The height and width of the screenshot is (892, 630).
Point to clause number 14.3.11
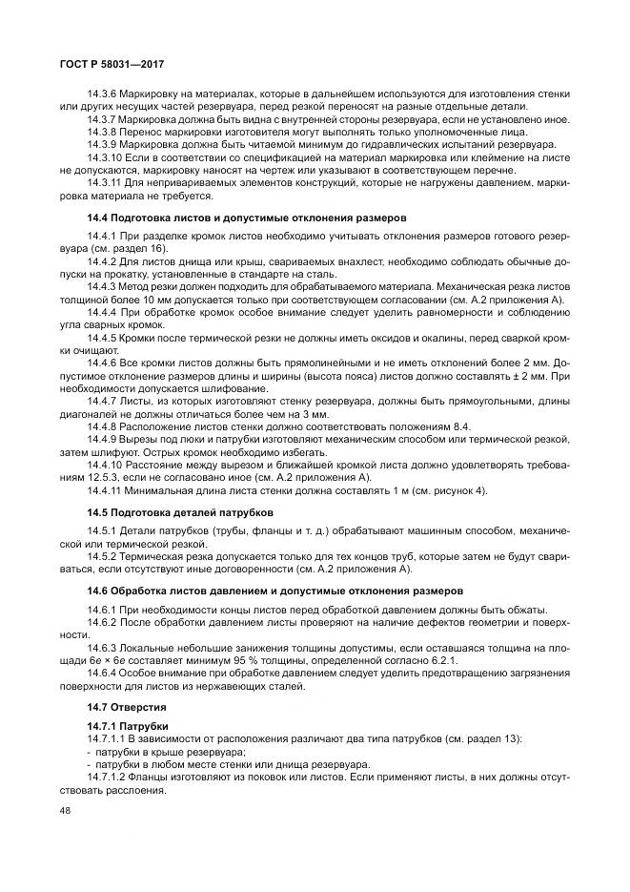(x=104, y=182)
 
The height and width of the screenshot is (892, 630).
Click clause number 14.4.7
(x=101, y=401)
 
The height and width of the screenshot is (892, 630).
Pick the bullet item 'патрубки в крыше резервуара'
(x=167, y=752)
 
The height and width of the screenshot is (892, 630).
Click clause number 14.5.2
(x=101, y=555)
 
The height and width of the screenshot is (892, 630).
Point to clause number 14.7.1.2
(x=107, y=778)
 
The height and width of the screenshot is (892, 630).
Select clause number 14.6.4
(x=101, y=672)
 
